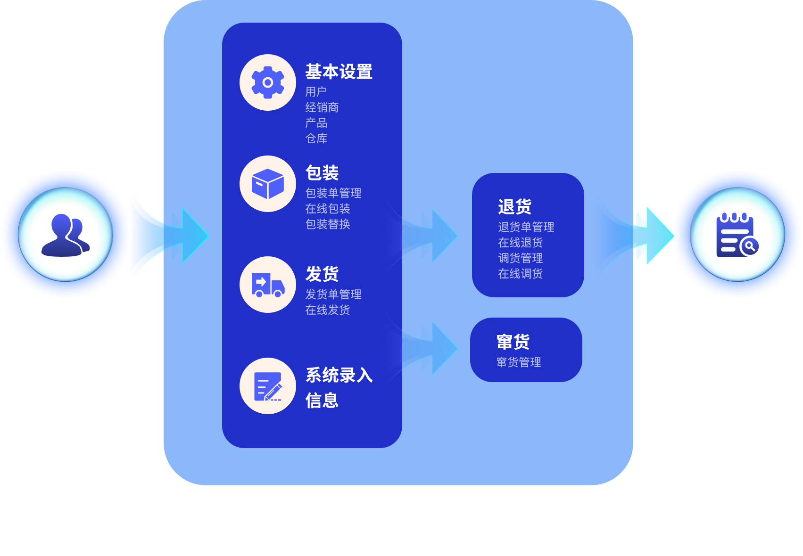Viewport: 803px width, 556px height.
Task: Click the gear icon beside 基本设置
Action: [267, 83]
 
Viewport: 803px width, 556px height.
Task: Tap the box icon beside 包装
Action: [267, 184]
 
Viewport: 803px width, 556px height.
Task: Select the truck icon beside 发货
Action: [267, 285]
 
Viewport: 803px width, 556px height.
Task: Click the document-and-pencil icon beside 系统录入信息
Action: [267, 386]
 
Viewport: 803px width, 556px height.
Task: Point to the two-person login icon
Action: [66, 234]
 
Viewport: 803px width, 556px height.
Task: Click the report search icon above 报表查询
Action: [737, 234]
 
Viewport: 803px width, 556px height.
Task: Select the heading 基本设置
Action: [339, 72]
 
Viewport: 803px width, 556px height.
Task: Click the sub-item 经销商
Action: [322, 107]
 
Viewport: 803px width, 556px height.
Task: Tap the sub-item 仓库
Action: [316, 139]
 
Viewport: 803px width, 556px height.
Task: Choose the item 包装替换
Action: [328, 224]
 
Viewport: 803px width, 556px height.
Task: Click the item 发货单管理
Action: [333, 294]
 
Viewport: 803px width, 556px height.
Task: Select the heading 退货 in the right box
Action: [514, 207]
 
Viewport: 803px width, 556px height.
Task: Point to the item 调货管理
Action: [520, 258]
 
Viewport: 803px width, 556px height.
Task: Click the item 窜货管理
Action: [519, 362]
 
